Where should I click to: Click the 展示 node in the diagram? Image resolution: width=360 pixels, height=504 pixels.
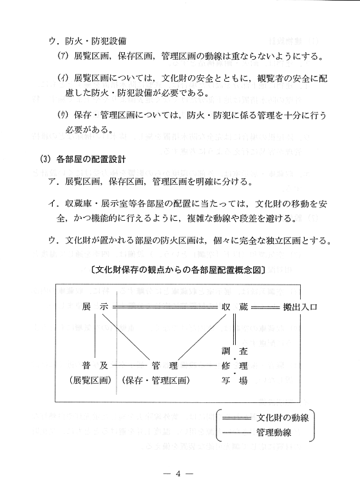click(x=95, y=307)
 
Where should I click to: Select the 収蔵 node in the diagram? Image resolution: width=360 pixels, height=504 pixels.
click(x=234, y=307)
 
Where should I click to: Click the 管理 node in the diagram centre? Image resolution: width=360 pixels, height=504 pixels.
click(x=164, y=365)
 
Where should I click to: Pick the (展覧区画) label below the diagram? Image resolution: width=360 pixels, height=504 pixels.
click(x=91, y=380)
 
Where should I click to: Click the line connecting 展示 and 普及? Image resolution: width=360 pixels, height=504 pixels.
click(x=95, y=336)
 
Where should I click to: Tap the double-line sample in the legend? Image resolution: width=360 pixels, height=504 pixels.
click(x=235, y=418)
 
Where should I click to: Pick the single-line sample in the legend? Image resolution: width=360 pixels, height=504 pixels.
click(x=235, y=431)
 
